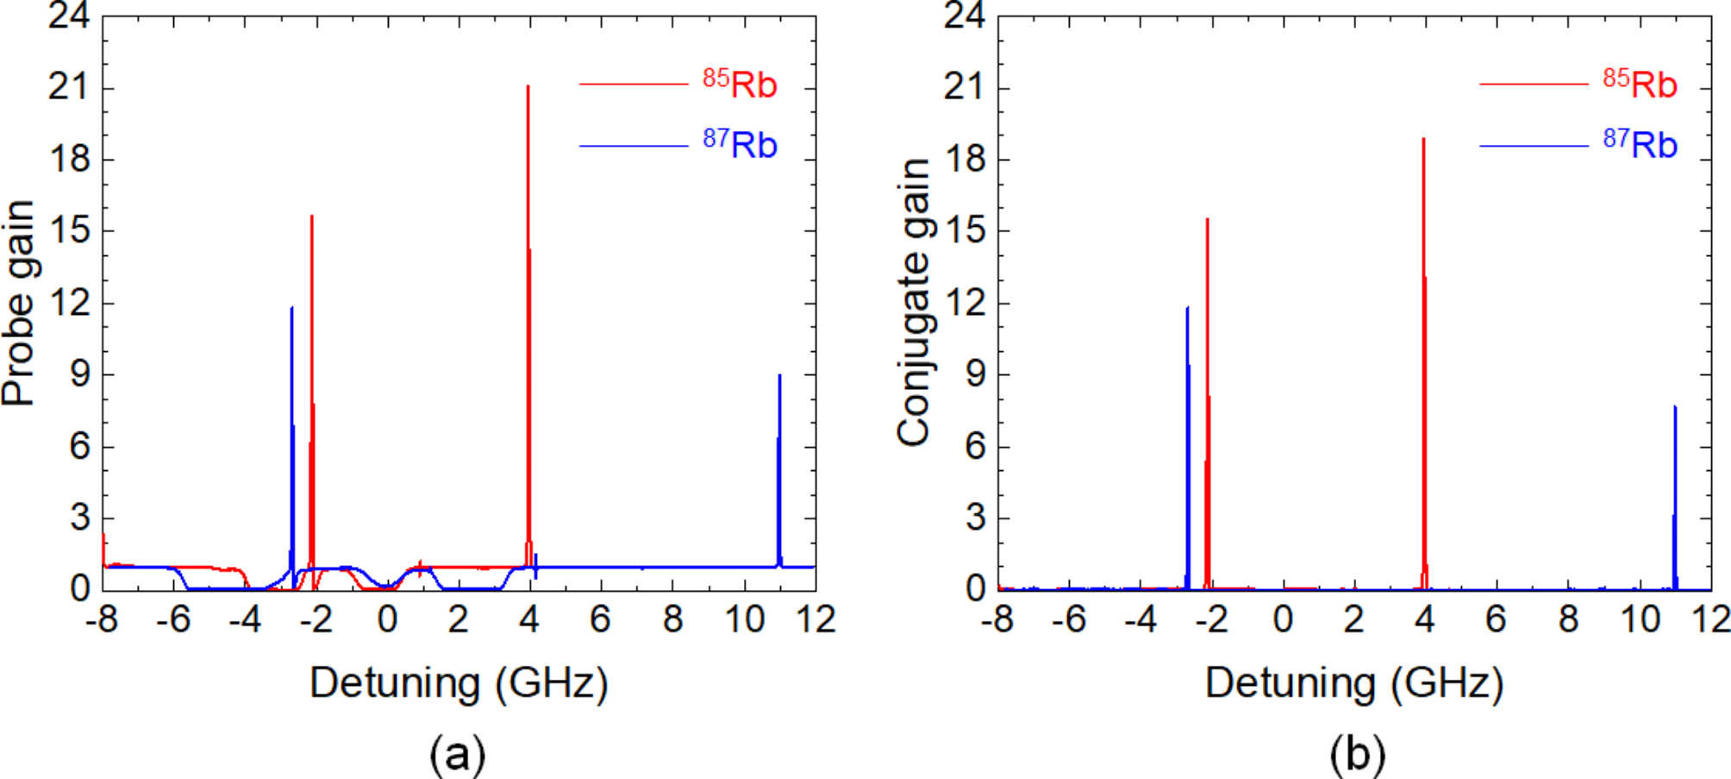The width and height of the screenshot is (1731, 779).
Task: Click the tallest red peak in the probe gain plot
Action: tap(528, 87)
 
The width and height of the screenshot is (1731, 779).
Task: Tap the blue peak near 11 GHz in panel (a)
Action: tap(779, 376)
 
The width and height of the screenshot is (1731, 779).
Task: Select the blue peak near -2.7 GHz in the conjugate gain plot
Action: tap(1187, 309)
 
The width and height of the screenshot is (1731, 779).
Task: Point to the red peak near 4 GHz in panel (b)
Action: tap(1423, 140)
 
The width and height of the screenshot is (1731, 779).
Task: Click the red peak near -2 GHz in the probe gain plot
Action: tap(311, 217)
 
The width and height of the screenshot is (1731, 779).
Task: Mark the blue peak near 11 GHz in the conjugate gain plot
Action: tap(1675, 407)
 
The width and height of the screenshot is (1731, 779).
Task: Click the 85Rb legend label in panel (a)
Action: tap(740, 84)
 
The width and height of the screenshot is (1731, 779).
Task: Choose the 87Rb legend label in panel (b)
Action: tap(1640, 143)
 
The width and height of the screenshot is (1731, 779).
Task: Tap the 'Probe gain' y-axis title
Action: tap(19, 303)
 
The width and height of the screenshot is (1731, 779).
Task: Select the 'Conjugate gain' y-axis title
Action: tap(915, 303)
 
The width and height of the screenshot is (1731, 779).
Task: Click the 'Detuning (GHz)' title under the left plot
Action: tap(459, 683)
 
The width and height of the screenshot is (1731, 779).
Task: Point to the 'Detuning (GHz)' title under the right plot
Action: tap(1354, 683)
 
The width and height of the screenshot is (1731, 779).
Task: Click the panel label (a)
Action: tap(458, 754)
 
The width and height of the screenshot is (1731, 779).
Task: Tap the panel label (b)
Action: tap(1357, 754)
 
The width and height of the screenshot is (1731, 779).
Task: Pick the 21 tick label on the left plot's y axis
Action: tap(69, 87)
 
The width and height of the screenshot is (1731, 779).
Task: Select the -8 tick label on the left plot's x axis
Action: tap(102, 619)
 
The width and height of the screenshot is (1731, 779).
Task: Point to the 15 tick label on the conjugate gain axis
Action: tap(965, 231)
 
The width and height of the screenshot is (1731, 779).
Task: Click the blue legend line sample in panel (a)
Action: tap(634, 146)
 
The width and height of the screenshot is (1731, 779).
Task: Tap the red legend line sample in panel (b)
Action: tap(1533, 84)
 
